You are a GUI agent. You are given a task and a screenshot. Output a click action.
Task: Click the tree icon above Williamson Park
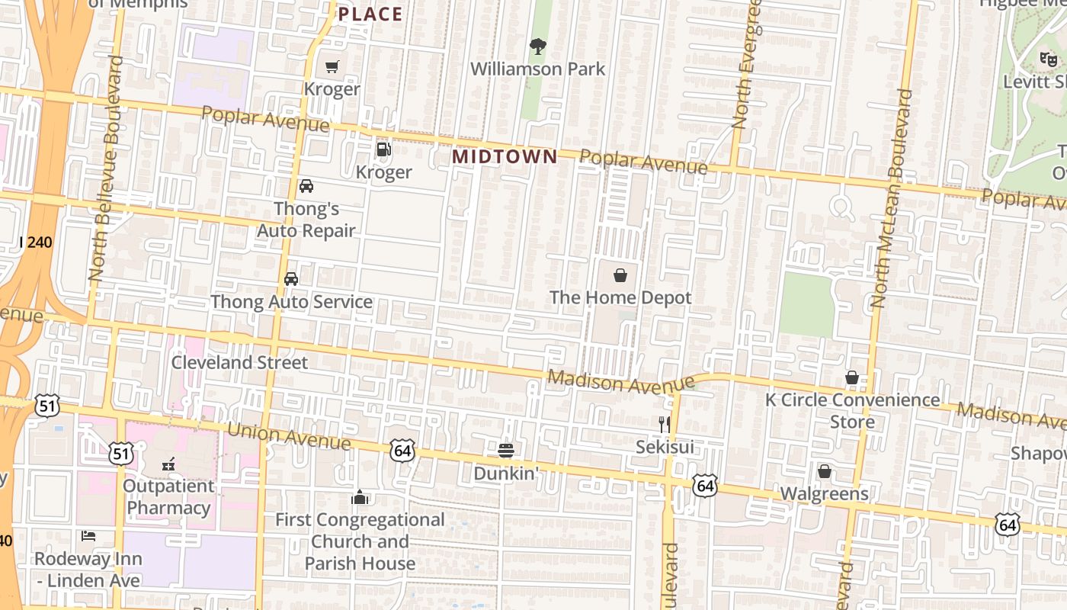538,47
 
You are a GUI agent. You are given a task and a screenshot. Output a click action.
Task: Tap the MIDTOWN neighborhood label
505,156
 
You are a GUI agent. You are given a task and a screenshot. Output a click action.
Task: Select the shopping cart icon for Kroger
332,67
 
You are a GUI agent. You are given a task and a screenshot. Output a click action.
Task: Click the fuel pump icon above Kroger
383,149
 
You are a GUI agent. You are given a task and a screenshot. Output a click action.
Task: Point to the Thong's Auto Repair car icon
306,186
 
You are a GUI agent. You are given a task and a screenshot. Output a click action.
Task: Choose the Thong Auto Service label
291,302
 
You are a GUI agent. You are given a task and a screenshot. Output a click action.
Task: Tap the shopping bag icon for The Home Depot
620,275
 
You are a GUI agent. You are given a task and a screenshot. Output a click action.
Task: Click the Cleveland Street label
239,362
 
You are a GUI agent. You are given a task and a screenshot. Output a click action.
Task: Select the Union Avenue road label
289,437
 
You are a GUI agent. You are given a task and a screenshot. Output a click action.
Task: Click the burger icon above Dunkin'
506,450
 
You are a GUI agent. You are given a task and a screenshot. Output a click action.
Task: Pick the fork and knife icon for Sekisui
665,424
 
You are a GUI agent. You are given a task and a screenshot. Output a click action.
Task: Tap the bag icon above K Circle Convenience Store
852,377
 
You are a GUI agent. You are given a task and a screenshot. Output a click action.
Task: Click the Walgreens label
824,494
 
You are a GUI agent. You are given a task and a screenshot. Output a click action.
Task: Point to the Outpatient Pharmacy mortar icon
168,463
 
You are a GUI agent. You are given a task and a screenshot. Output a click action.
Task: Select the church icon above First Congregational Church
360,497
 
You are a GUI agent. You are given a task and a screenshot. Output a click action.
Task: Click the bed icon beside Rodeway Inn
88,536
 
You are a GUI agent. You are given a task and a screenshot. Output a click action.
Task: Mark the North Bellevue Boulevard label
106,169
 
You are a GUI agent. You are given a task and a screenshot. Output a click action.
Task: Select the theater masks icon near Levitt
1048,58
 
